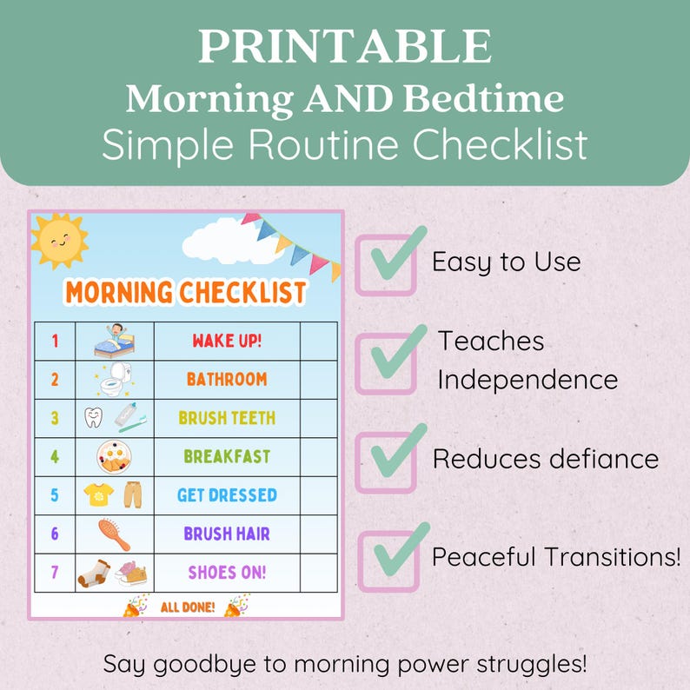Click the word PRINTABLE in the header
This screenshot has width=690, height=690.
point(344,47)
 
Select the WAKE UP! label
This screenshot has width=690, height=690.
point(227,340)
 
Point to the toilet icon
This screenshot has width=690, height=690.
point(115,379)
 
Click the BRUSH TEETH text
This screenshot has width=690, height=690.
point(227,417)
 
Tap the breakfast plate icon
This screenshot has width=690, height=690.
point(115,456)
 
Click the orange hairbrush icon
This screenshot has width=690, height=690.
point(115,534)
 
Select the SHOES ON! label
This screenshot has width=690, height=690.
point(227,573)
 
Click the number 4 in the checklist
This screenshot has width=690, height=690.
point(55,456)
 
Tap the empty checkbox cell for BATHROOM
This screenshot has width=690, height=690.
point(318,379)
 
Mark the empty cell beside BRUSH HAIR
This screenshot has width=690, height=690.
point(318,534)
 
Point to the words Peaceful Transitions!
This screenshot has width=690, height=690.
point(556,557)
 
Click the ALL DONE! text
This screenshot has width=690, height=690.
point(188,607)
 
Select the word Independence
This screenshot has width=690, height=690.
point(527,380)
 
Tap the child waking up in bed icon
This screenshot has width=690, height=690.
point(115,340)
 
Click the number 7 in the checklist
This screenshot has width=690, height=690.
point(55,573)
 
